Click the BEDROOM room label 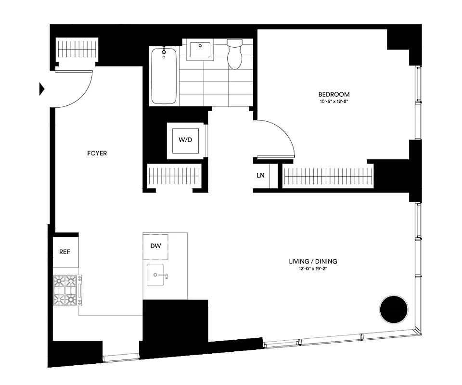pyautogui.click(x=334, y=94)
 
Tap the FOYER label pyautogui.click(x=97, y=154)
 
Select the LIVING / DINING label pyautogui.click(x=313, y=261)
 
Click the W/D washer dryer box pyautogui.click(x=185, y=141)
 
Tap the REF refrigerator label pyautogui.click(x=65, y=252)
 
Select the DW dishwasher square pyautogui.click(x=155, y=246)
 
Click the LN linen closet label pyautogui.click(x=260, y=176)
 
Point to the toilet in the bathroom pyautogui.click(x=235, y=54)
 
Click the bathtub pyautogui.click(x=164, y=76)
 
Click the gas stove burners pyautogui.click(x=66, y=290)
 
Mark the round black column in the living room pyautogui.click(x=394, y=310)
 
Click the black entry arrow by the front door pyautogui.click(x=42, y=89)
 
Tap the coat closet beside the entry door pyautogui.click(x=77, y=50)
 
